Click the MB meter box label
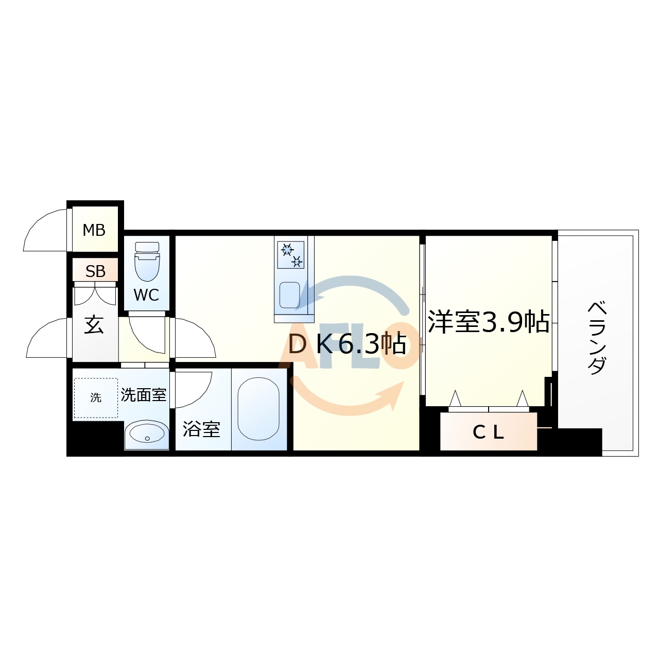(x=94, y=230)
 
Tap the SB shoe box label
(x=95, y=271)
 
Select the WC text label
(x=146, y=295)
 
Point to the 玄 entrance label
(x=94, y=325)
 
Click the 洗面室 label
(x=144, y=395)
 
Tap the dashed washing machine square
(x=96, y=397)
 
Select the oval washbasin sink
(x=147, y=434)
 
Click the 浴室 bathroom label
(x=201, y=429)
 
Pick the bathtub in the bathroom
(x=258, y=409)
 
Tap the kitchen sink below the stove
(x=289, y=294)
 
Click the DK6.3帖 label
(x=347, y=344)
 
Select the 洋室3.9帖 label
(x=488, y=322)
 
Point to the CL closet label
(x=488, y=432)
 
